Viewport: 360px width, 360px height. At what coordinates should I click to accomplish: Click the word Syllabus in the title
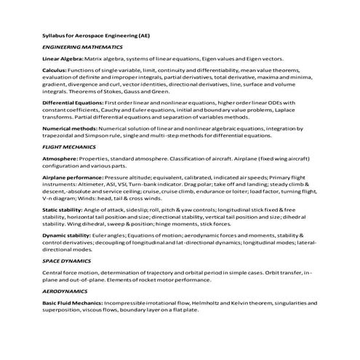(x=55, y=34)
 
